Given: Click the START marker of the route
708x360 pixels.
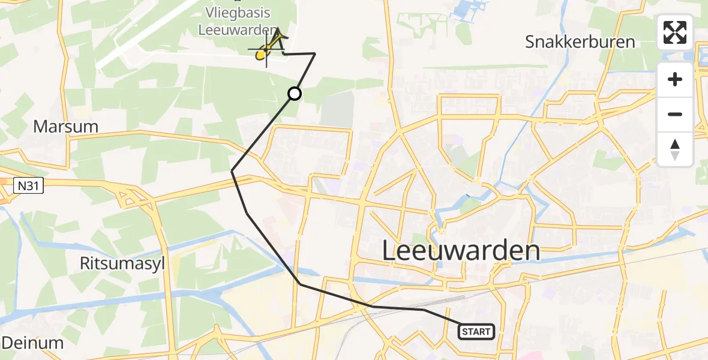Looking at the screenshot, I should point(477,331).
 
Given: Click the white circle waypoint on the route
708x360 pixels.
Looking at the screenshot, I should point(295,94).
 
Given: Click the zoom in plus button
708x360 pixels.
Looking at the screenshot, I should point(675,79).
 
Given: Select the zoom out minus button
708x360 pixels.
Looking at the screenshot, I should point(675,114).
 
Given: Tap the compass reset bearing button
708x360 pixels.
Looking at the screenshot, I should point(675,149).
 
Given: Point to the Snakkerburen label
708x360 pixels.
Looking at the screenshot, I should point(580,42).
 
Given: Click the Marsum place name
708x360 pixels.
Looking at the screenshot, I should point(65,127).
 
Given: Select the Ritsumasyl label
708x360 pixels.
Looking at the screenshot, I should point(122,263).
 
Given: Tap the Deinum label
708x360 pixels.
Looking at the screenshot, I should point(32,343).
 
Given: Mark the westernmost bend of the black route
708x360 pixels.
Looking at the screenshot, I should point(232,172).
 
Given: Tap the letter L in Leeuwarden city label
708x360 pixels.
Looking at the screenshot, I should point(390,251).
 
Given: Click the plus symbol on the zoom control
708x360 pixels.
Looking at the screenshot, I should point(675,79).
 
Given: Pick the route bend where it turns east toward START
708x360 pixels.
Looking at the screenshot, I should point(299,284).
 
